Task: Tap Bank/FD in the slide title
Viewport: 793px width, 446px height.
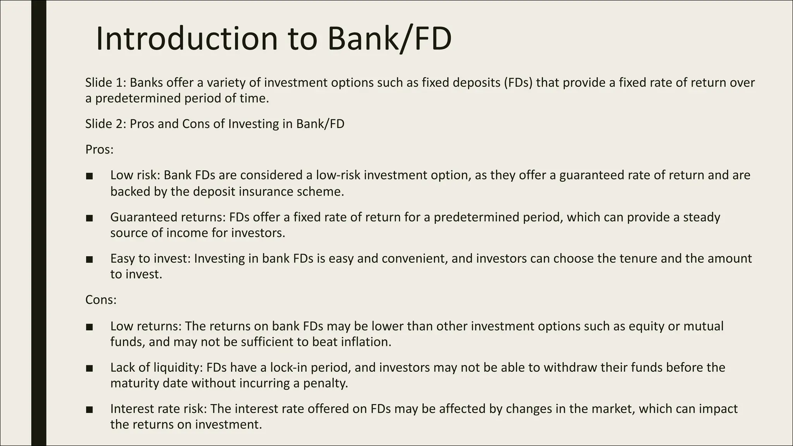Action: pyautogui.click(x=389, y=39)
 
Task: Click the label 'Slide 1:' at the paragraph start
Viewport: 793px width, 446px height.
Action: pyautogui.click(x=105, y=82)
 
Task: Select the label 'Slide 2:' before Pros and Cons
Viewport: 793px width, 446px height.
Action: pyautogui.click(x=105, y=124)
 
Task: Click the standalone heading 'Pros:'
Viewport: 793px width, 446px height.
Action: pyautogui.click(x=100, y=149)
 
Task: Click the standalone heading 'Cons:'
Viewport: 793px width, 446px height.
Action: pyautogui.click(x=101, y=300)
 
